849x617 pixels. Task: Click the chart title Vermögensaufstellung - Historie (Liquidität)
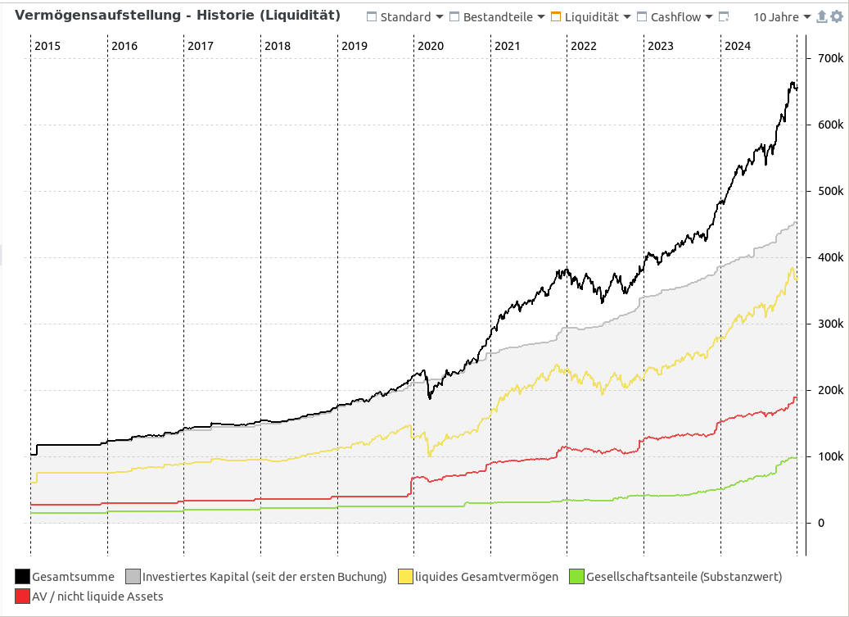click(178, 16)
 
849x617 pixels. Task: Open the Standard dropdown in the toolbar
click(405, 17)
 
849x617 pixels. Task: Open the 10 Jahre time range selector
click(781, 17)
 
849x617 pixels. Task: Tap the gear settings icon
click(837, 17)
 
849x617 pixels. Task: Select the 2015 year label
click(47, 46)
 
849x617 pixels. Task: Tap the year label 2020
click(431, 46)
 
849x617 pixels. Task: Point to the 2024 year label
click(737, 46)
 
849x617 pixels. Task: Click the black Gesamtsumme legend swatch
click(22, 577)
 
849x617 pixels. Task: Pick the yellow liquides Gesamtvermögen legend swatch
click(404, 577)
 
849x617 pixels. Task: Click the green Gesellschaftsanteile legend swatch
click(576, 577)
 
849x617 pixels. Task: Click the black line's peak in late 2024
click(792, 82)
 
